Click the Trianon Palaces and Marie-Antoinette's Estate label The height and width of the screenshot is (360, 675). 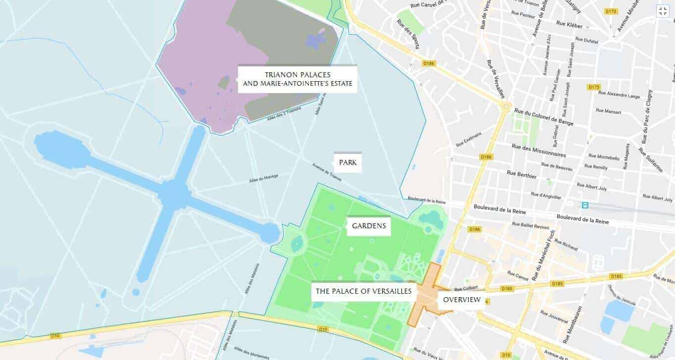tap(297, 79)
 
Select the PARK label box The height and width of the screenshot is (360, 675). tap(347, 162)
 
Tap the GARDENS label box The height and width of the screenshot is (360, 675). tap(369, 226)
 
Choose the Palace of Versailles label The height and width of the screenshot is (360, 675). tap(364, 291)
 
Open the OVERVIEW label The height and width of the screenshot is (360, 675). tap(461, 300)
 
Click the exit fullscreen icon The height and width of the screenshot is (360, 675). tap(663, 11)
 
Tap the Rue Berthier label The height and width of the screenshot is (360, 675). tap(521, 175)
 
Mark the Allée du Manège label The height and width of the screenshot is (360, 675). tap(264, 178)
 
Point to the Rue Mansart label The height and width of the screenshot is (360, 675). tap(608, 111)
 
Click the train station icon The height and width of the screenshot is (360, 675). tap(585, 205)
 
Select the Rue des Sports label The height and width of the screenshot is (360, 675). tap(408, 34)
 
